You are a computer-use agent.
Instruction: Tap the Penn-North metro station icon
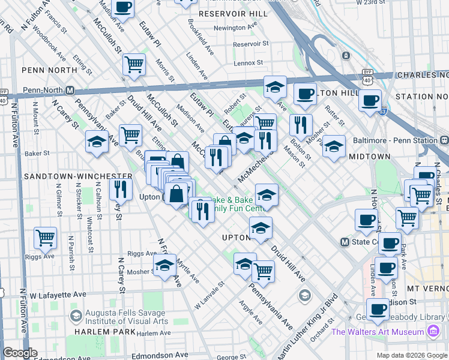[x=70, y=91]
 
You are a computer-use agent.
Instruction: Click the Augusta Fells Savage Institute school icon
[x=76, y=316]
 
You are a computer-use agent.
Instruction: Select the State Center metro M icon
[x=345, y=242]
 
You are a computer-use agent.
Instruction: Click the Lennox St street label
[x=249, y=62]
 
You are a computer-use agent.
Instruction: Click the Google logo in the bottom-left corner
[x=20, y=353]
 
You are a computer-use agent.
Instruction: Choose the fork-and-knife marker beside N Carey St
[x=121, y=190]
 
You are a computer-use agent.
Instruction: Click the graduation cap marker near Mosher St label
[x=164, y=265]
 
